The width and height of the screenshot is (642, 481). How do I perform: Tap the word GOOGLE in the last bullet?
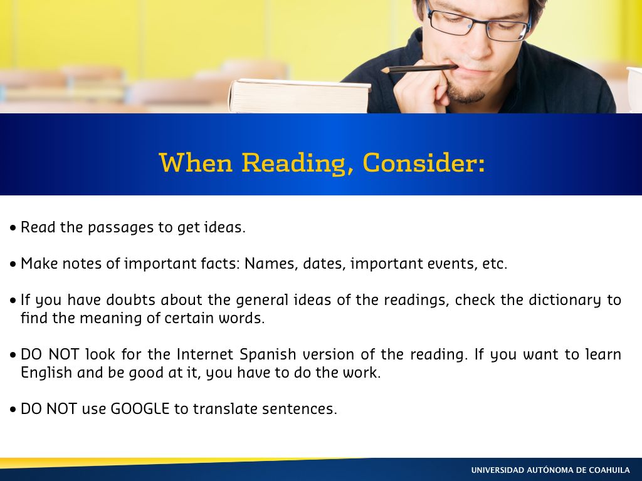click(140, 408)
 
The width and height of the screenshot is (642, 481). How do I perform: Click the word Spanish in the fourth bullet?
click(268, 354)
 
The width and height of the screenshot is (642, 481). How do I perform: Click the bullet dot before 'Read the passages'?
click(14, 228)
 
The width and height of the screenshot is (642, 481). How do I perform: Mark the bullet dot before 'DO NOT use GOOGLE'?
click(14, 410)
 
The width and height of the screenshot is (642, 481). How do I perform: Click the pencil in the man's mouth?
click(419, 69)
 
